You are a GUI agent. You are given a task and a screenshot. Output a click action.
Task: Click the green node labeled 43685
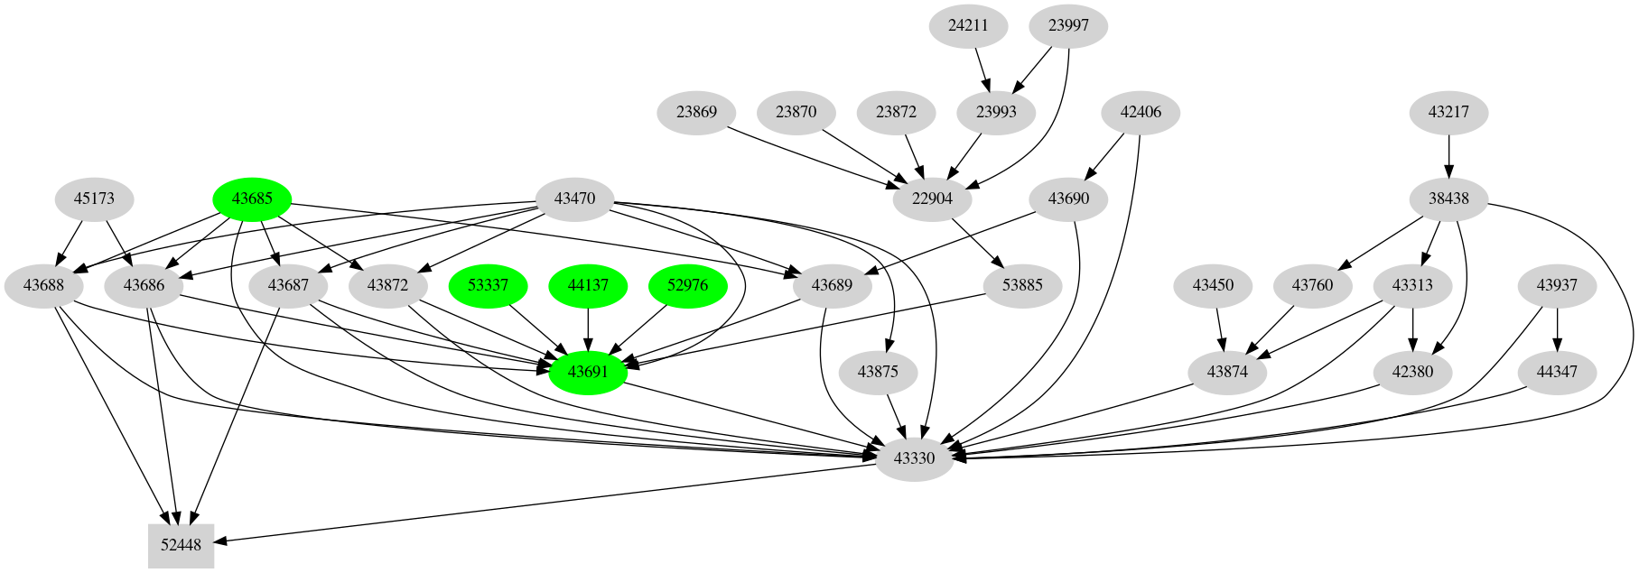pyautogui.click(x=252, y=199)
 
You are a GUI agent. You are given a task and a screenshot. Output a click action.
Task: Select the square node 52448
pyautogui.click(x=182, y=545)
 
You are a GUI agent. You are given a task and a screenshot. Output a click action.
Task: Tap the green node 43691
pyautogui.click(x=588, y=372)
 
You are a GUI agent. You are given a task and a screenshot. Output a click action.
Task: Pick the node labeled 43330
pyautogui.click(x=914, y=458)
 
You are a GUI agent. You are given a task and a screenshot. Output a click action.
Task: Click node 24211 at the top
pyautogui.click(x=968, y=25)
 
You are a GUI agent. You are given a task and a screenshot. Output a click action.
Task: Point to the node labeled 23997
pyautogui.click(x=1068, y=25)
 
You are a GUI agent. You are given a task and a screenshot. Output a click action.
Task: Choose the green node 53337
pyautogui.click(x=488, y=285)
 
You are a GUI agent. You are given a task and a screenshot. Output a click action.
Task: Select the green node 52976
pyautogui.click(x=688, y=285)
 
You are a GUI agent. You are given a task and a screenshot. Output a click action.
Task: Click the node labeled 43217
pyautogui.click(x=1448, y=112)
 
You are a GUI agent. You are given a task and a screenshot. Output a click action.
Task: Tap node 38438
pyautogui.click(x=1448, y=199)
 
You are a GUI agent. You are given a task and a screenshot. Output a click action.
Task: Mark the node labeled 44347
pyautogui.click(x=1557, y=372)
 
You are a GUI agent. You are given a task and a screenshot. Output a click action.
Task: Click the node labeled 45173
pyautogui.click(x=94, y=199)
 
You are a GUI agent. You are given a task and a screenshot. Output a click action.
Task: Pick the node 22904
pyautogui.click(x=932, y=199)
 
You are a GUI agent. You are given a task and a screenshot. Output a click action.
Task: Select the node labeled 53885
pyautogui.click(x=1022, y=285)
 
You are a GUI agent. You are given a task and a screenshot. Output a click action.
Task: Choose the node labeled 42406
pyautogui.click(x=1141, y=112)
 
